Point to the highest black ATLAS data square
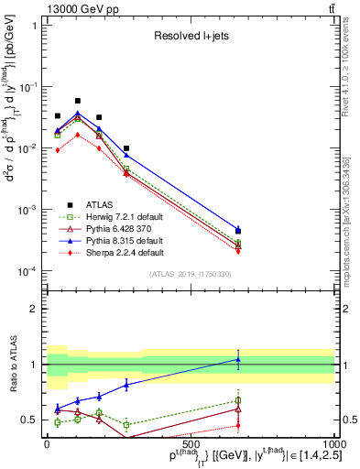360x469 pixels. point(78,101)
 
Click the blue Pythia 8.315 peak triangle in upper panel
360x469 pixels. point(78,114)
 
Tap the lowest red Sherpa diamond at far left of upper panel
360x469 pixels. point(58,150)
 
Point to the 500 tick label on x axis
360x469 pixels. point(191,443)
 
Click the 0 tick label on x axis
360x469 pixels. point(48,443)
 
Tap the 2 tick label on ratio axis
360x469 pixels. point(34,309)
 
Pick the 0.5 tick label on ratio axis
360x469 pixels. point(29,420)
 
